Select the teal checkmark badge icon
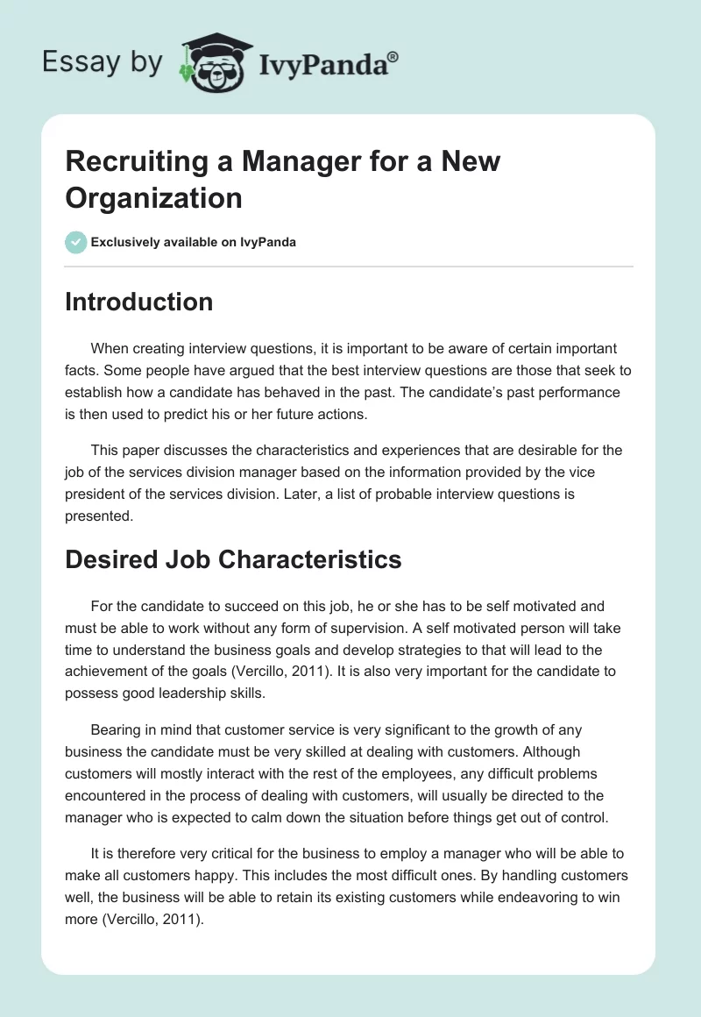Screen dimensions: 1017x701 point(75,242)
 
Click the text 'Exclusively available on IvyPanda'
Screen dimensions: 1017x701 point(193,242)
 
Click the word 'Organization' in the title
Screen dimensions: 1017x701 point(153,197)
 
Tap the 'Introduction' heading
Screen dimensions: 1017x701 point(138,302)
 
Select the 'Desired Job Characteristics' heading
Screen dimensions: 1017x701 point(233,559)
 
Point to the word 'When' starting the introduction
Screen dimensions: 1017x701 point(110,348)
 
